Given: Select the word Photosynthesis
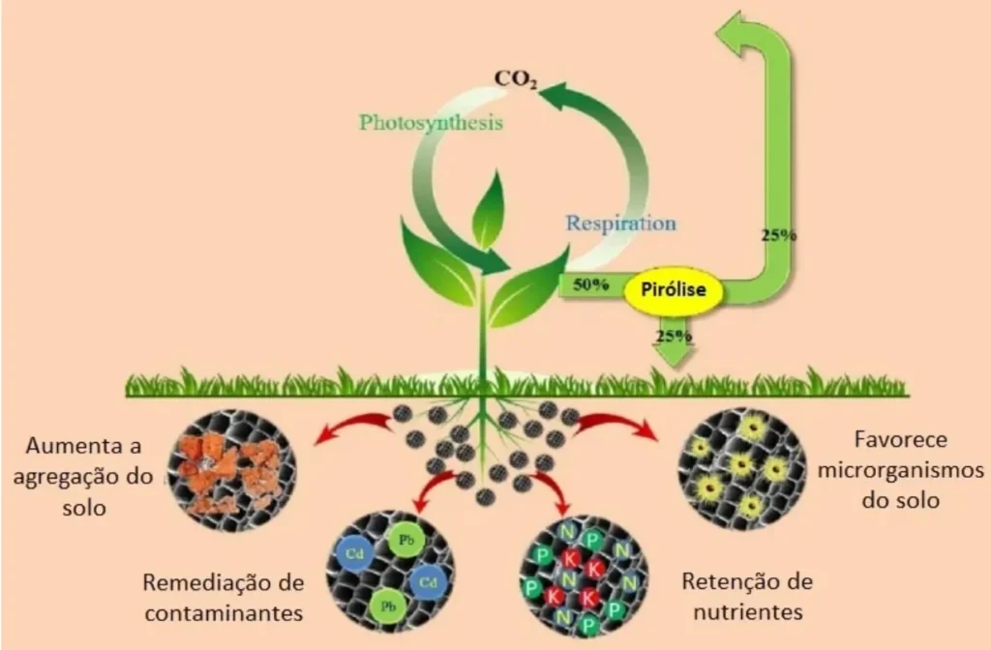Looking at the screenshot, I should (431, 123).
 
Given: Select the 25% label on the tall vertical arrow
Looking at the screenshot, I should (779, 234).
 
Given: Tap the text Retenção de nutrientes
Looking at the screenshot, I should (746, 597).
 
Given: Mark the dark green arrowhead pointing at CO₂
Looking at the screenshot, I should (554, 96).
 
